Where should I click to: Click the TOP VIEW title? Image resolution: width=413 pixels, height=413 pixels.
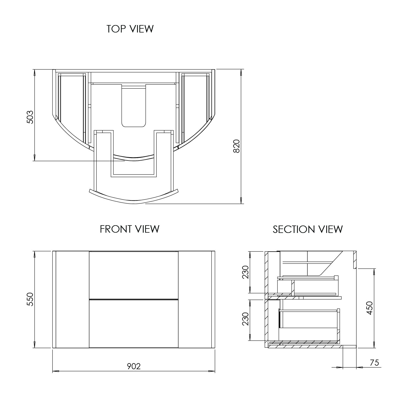click(130, 29)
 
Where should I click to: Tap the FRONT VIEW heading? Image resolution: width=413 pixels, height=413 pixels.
click(130, 229)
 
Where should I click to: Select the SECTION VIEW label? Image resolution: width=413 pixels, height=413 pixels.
click(308, 229)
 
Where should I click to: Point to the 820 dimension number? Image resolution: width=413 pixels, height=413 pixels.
click(237, 146)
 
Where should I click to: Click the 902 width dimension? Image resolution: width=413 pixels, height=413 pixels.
click(134, 366)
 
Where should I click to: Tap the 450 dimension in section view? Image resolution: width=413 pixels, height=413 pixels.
click(369, 308)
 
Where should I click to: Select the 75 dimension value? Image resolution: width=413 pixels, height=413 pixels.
click(374, 363)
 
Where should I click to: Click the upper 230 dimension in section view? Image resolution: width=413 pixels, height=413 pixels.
click(245, 272)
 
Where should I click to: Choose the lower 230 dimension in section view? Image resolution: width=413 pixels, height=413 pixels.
click(245, 319)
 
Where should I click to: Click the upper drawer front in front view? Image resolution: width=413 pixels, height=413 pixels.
click(134, 275)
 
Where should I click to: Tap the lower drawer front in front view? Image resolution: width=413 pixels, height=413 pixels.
click(134, 323)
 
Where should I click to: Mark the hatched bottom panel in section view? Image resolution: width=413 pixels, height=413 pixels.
click(304, 346)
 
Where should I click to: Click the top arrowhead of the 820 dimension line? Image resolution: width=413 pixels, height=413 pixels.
click(241, 72)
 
